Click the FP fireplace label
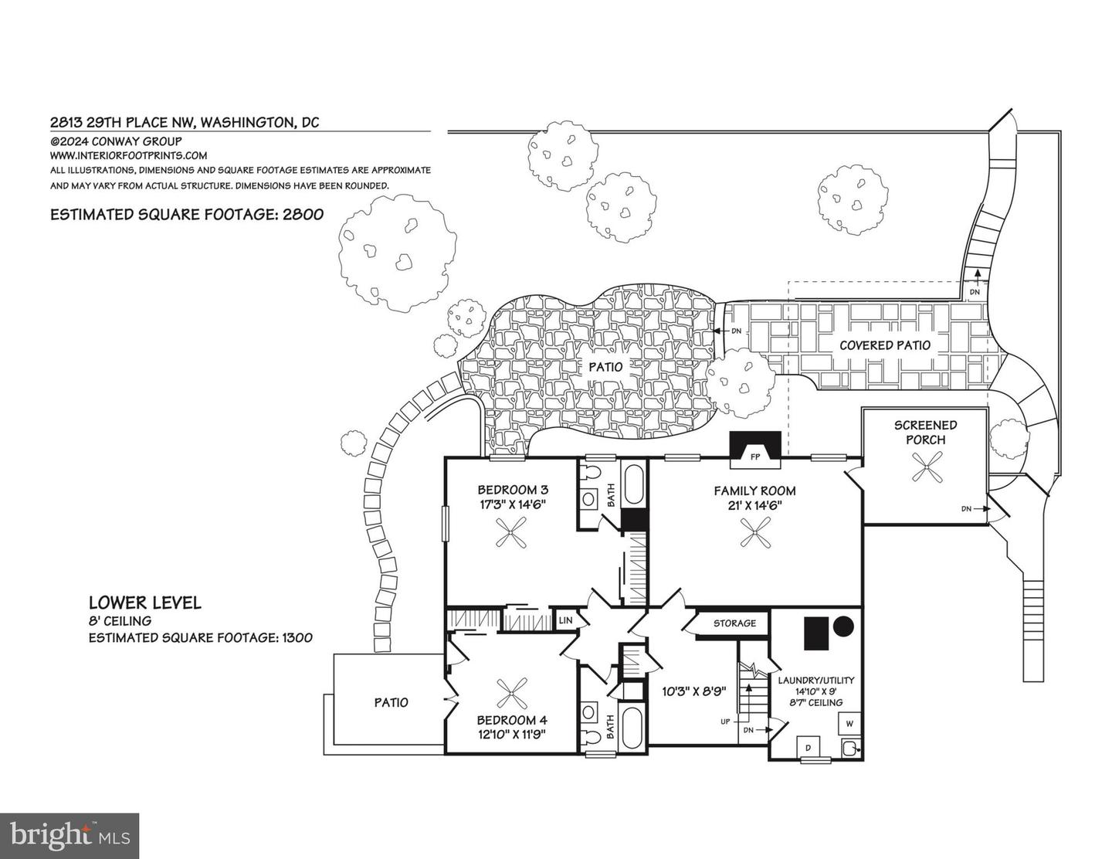point(754,457)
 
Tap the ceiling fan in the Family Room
point(755,532)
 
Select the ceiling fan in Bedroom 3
point(510,533)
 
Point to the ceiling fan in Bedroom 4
point(512,693)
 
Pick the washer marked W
point(849,723)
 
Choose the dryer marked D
point(809,748)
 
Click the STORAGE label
point(735,623)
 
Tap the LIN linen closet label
point(565,620)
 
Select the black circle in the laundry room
point(844,626)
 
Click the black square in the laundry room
point(816,633)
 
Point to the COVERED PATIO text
point(885,345)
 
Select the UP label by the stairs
point(725,721)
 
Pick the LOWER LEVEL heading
point(145,602)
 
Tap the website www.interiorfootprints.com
point(128,155)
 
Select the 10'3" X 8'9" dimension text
point(694,691)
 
